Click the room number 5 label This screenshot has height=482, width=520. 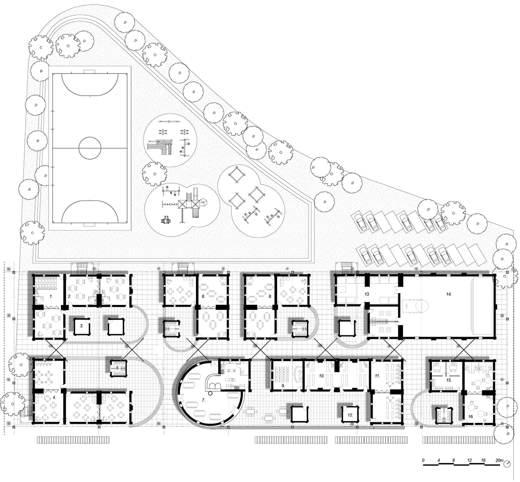tap(117, 368)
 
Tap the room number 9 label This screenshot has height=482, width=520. tap(283, 385)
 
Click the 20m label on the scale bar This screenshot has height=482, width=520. tap(499, 467)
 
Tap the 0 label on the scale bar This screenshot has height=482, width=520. tap(423, 467)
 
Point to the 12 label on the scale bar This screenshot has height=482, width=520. tap(469, 467)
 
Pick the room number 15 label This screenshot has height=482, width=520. tap(449, 380)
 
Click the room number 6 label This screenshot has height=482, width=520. tap(203, 296)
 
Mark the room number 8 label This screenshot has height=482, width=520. tap(270, 296)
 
